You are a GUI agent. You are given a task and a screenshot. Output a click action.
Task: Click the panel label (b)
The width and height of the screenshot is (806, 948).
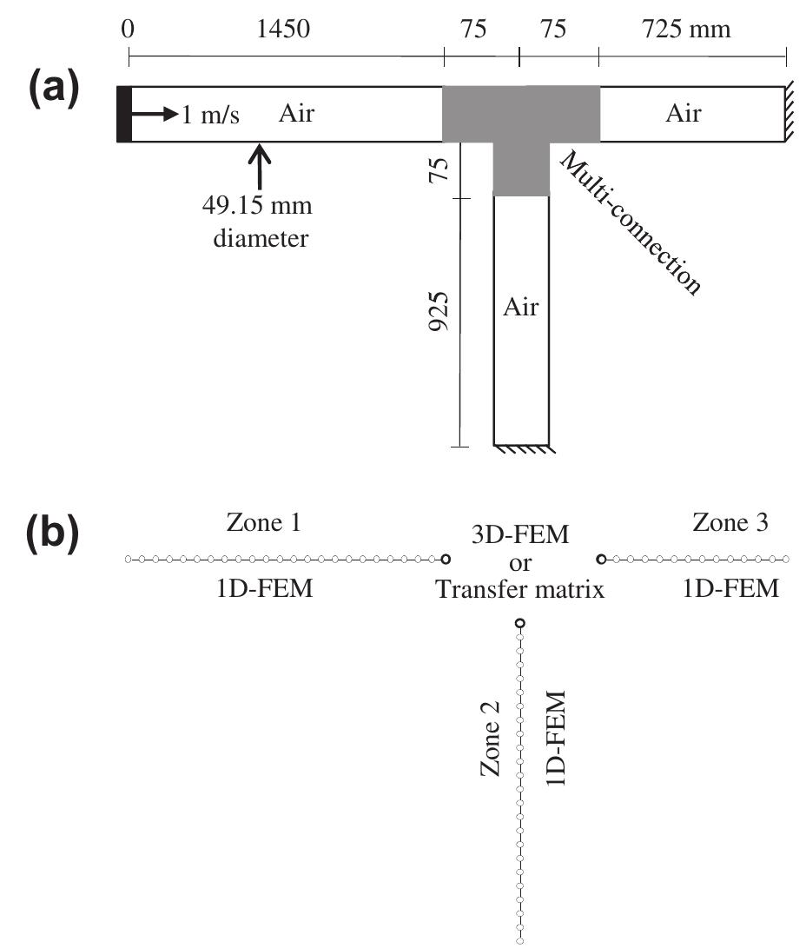tap(54, 535)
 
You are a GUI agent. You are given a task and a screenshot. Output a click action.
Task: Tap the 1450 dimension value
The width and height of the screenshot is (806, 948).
tap(283, 30)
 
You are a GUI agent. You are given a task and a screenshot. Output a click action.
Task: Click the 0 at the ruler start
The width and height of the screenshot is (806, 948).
tap(129, 30)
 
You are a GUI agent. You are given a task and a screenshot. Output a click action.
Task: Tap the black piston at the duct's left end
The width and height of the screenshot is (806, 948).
tap(123, 114)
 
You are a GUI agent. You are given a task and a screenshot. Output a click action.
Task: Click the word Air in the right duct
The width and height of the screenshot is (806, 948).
tap(684, 113)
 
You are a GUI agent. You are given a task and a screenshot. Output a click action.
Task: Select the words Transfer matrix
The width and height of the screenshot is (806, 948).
tap(519, 590)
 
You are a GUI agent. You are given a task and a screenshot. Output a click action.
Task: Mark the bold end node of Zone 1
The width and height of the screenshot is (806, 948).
tap(446, 559)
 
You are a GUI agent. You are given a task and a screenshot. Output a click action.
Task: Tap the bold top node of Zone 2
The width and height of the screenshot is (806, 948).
tap(520, 622)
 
